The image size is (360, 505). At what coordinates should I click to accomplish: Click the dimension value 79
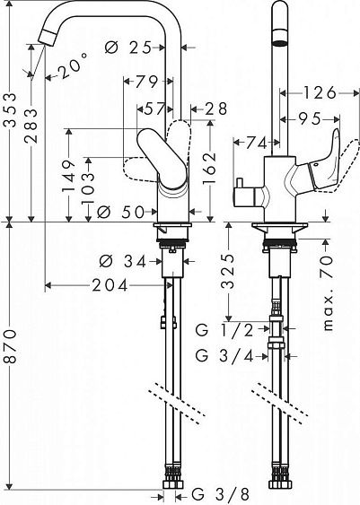pyautogui.click(x=145, y=83)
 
